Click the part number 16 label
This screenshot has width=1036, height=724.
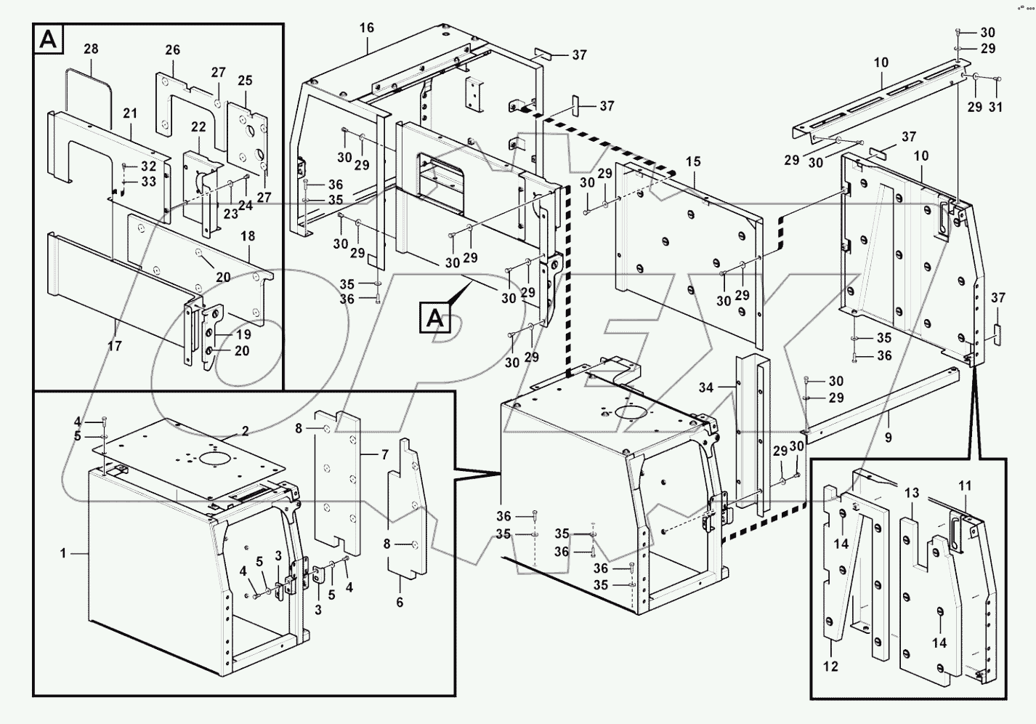coord(367,28)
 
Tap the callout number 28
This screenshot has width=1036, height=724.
coord(91,49)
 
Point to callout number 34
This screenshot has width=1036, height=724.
coord(706,387)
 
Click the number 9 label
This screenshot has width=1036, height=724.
coord(889,438)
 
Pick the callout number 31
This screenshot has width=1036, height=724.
coord(996,107)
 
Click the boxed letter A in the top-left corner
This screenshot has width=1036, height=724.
coord(49,39)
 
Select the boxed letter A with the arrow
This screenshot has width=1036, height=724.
coord(434,319)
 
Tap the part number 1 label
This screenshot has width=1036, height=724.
coord(63,554)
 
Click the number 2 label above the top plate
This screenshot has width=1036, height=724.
coord(246,432)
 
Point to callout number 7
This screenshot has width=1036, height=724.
coord(385,456)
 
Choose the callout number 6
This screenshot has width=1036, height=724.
coord(400,602)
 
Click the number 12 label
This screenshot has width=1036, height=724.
coord(831,666)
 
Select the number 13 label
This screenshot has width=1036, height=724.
coord(912,493)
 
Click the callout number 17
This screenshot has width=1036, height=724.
coord(115,346)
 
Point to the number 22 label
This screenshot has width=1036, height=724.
coord(198,127)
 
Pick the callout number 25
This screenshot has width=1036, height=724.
coord(245,80)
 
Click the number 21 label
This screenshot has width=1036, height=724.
coord(130,113)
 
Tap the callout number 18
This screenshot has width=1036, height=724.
coord(248,236)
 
